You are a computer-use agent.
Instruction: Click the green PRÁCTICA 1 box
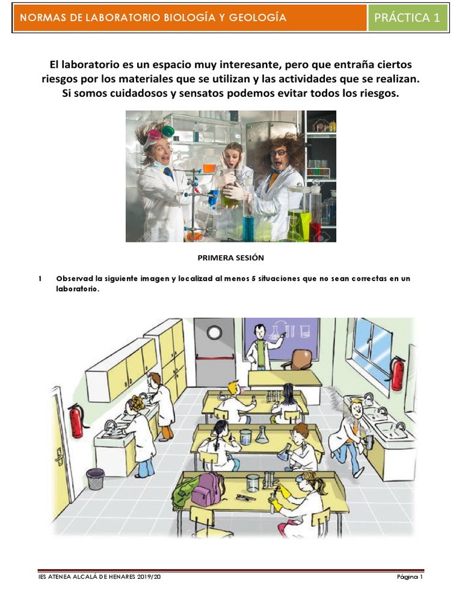click(407, 17)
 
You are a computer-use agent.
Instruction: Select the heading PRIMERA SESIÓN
click(231, 257)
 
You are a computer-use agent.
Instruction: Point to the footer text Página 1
click(410, 577)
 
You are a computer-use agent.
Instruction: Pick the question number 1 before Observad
click(40, 279)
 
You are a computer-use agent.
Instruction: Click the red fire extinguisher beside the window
click(398, 373)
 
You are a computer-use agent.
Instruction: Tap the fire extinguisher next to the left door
click(76, 420)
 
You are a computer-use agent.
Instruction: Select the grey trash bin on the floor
click(95, 479)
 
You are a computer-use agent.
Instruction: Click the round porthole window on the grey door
click(214, 332)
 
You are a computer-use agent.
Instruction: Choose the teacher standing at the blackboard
click(260, 346)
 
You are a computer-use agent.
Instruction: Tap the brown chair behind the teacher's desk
click(297, 360)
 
